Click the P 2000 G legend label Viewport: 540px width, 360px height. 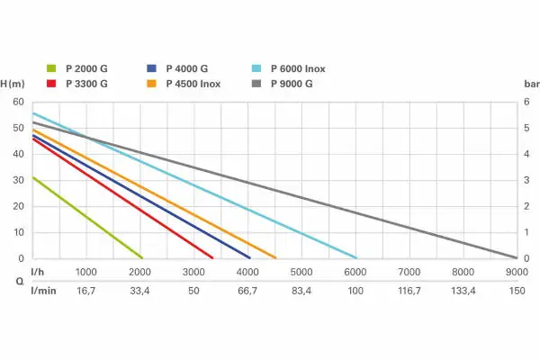click(87, 68)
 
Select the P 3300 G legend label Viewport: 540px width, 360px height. click(87, 84)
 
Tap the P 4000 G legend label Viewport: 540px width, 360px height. click(187, 68)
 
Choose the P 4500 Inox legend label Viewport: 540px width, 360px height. click(193, 84)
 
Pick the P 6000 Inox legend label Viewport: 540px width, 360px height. click(296, 68)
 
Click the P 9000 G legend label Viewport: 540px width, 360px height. click(290, 84)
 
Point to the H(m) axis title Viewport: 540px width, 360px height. click(13, 84)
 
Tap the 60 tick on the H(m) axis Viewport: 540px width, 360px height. click(19, 102)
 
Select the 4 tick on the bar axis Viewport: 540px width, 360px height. click(526, 154)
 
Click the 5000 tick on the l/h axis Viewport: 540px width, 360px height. click(301, 271)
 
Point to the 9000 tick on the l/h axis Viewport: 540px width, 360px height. click(516, 271)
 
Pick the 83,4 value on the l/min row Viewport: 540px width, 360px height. click(301, 292)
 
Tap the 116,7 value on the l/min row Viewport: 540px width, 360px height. click(409, 292)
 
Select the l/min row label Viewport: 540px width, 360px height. click(43, 292)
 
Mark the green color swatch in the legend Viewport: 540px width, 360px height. click(51, 68)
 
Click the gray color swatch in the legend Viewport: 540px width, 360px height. click(256, 84)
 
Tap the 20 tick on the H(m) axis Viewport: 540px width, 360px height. click(19, 206)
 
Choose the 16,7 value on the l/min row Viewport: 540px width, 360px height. click(86, 292)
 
